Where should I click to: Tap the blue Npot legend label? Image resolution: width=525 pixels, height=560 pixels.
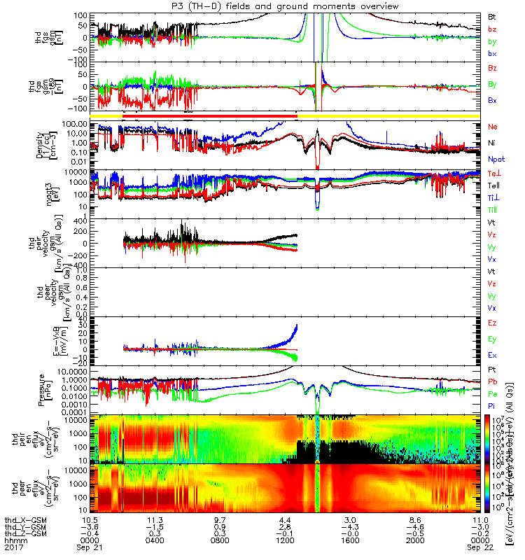[x=495, y=159]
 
